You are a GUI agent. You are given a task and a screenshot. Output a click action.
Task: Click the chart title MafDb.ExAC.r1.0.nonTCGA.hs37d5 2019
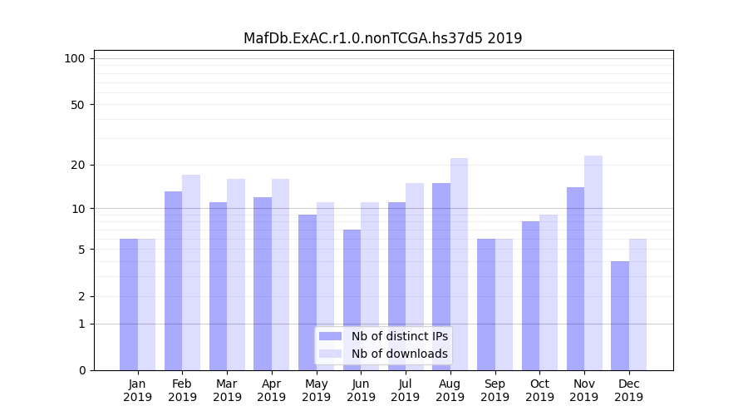coord(382,38)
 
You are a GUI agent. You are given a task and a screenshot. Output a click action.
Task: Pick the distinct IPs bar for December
coord(620,315)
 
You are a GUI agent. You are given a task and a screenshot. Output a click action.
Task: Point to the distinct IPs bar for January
coord(129,305)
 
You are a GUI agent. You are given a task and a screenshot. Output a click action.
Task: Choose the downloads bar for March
coord(236,275)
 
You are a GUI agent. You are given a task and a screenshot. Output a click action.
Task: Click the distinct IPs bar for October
coord(530,295)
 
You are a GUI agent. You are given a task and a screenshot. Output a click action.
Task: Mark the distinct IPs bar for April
coord(263,283)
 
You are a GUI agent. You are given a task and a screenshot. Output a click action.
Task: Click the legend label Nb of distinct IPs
coord(399,336)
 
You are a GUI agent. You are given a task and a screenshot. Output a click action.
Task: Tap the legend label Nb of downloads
coord(399,354)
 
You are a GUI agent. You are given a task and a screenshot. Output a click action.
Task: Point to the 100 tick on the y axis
coord(75,58)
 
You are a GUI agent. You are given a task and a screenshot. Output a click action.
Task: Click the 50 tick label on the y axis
coord(77,105)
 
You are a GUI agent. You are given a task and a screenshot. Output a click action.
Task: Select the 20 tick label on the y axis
coord(77,165)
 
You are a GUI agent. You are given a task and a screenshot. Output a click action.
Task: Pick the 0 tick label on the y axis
coord(81,370)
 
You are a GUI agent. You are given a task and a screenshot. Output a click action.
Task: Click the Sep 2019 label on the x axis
coord(495,390)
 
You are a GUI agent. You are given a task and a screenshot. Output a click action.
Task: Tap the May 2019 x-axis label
coord(317,390)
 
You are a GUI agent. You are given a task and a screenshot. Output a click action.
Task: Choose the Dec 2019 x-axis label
coord(628,390)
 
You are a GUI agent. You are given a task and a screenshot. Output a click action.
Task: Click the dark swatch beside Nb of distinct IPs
coord(330,336)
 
